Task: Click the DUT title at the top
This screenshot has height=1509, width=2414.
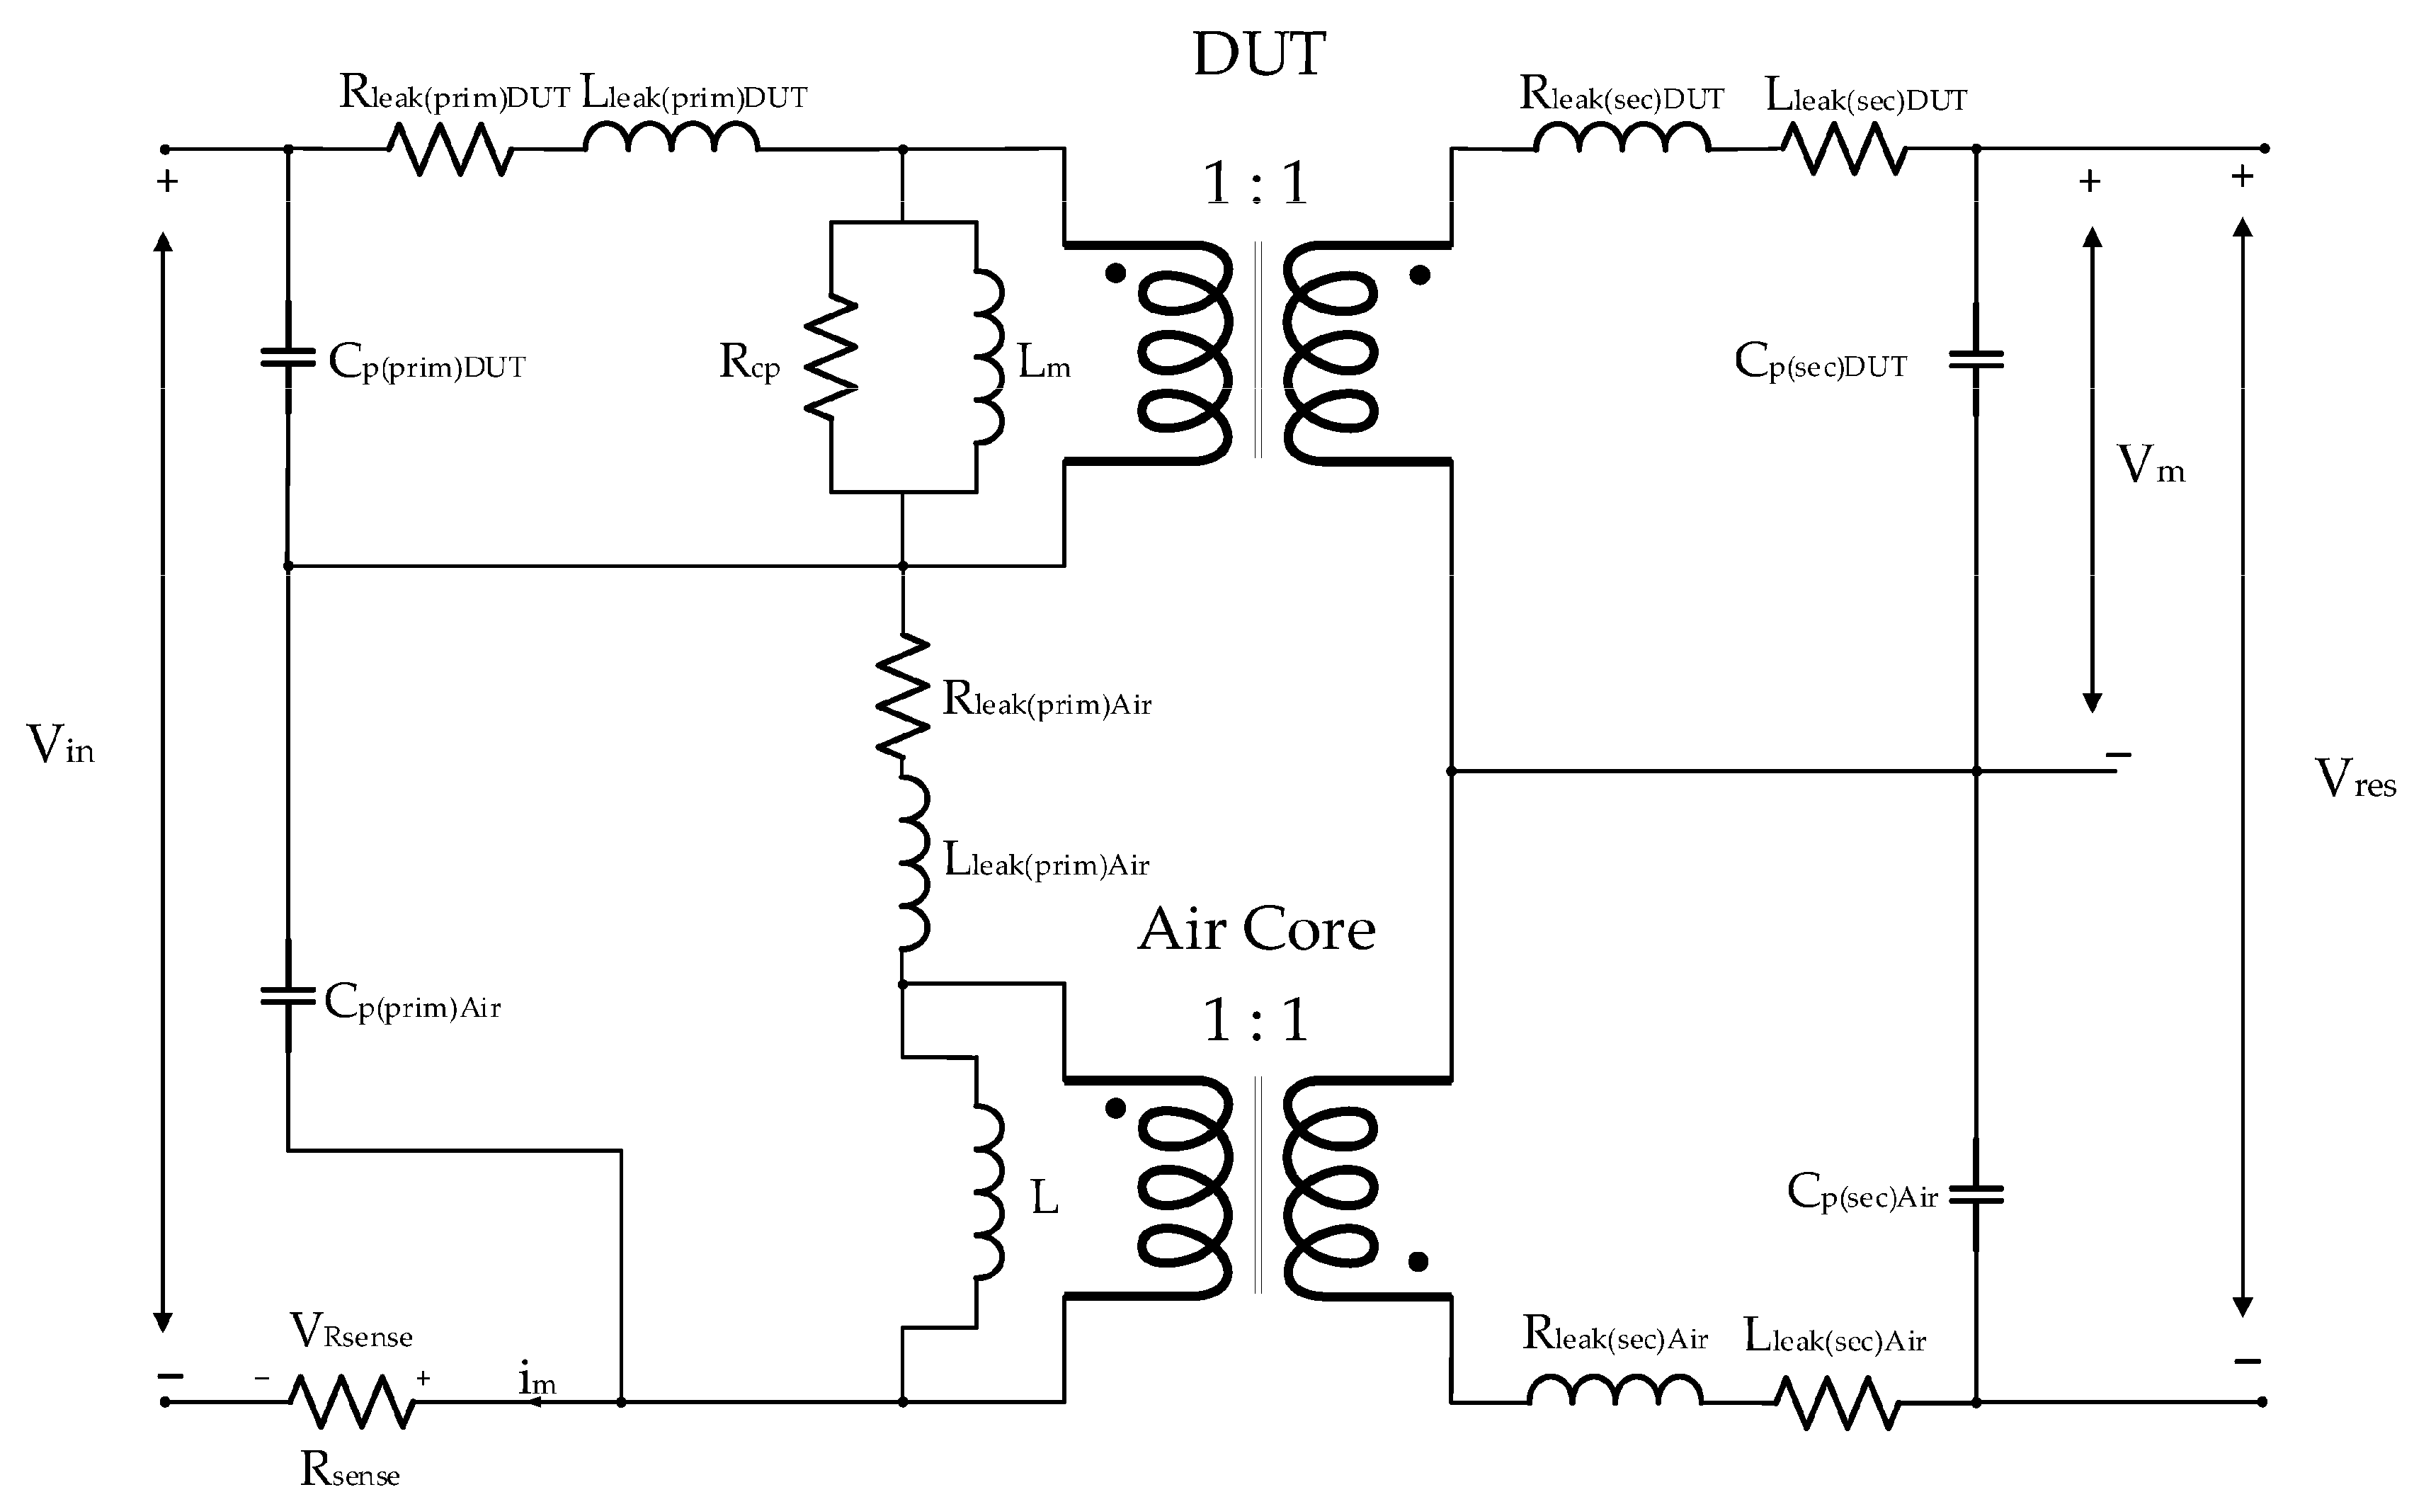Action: coord(1258,55)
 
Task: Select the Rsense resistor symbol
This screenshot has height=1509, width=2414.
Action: coord(351,1401)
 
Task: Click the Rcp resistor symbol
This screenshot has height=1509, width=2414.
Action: coord(831,358)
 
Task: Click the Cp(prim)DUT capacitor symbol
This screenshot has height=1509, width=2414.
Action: coord(288,356)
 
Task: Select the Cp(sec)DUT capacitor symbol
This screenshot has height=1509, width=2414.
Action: coord(1976,359)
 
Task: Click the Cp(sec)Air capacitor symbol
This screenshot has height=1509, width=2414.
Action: coord(1976,1194)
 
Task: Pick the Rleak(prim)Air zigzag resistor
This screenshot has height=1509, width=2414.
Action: coord(902,695)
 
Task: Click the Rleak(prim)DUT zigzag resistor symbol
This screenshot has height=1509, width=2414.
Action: coord(450,149)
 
